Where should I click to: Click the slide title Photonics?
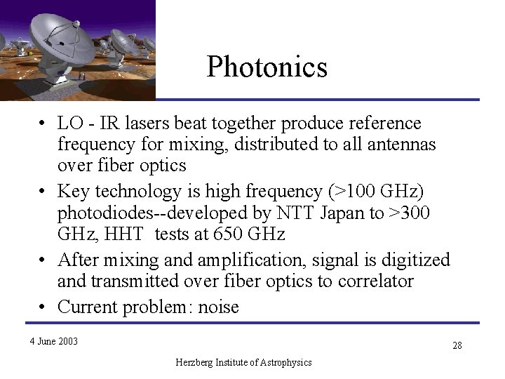pyautogui.click(x=267, y=67)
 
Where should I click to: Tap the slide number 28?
pyautogui.click(x=457, y=345)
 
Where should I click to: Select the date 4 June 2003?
pyautogui.click(x=53, y=342)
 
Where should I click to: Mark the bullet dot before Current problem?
pyautogui.click(x=43, y=307)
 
